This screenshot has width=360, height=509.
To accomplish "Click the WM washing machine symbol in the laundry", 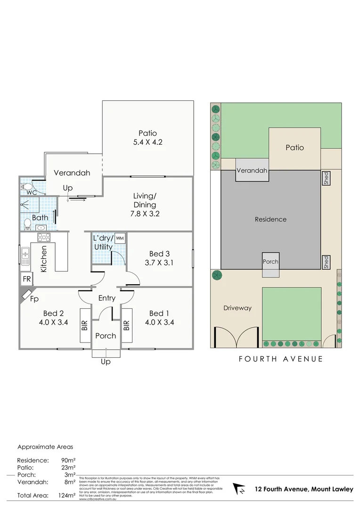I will [x=120, y=238].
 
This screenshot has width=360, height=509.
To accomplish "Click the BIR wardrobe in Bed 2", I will [x=85, y=325].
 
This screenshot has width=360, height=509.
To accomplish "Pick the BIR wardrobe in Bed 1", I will [x=126, y=325].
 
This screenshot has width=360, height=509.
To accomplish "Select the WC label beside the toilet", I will [x=32, y=193].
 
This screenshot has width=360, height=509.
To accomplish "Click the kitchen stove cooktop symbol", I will [x=44, y=238].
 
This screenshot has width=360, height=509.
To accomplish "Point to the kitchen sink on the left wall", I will [x=25, y=256].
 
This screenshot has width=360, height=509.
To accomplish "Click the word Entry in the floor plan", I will [x=107, y=298].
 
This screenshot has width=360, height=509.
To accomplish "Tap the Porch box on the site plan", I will [x=270, y=262].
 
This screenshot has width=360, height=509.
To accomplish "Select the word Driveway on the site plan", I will [x=237, y=308].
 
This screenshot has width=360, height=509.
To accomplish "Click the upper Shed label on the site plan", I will [x=326, y=178].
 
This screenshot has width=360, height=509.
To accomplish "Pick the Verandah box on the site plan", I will [x=252, y=170].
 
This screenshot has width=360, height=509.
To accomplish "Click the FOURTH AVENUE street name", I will [x=281, y=359].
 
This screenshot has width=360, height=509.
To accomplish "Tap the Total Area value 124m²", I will [x=66, y=495].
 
